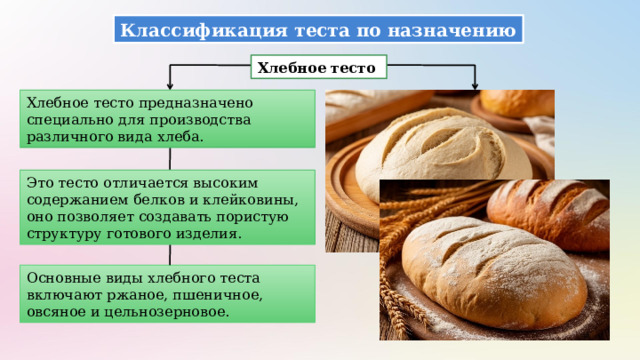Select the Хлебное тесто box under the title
click(x=317, y=68)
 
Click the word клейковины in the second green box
click(x=254, y=198)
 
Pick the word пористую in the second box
click(x=255, y=215)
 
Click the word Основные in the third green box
click(x=62, y=277)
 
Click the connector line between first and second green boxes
click(x=170, y=158)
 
